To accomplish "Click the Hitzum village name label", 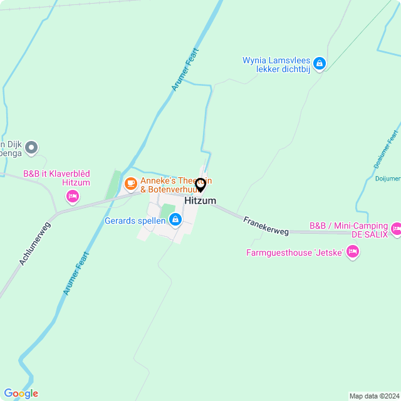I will click(x=200, y=200).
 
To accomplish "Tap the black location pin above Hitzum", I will click(x=200, y=185).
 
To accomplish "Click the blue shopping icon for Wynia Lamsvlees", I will click(x=320, y=63).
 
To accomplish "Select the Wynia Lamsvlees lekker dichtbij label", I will click(x=276, y=65).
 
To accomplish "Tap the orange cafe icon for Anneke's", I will click(x=130, y=184).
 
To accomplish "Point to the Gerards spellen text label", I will click(x=135, y=221).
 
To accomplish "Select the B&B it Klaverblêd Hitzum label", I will click(x=56, y=178).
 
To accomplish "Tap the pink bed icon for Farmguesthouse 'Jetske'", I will click(x=353, y=253).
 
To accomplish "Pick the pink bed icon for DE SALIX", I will click(x=396, y=230).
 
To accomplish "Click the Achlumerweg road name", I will click(x=34, y=242).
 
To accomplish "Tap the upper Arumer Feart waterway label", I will click(x=185, y=70).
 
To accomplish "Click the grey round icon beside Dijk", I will click(x=32, y=148).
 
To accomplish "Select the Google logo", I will click(x=21, y=393).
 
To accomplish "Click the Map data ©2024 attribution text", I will click(x=373, y=396).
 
